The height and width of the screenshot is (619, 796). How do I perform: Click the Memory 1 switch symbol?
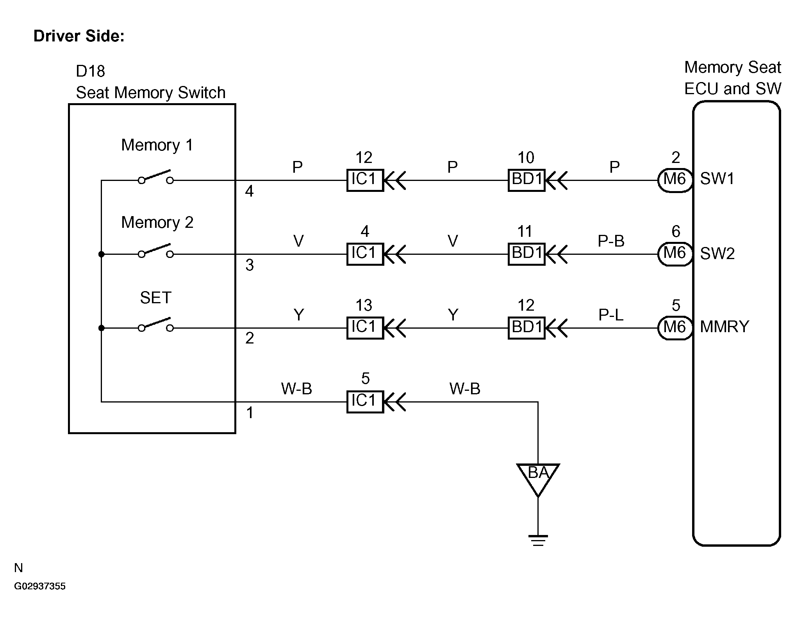(x=155, y=177)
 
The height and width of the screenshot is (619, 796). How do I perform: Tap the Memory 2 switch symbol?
(x=155, y=251)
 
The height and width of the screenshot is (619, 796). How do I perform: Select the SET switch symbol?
(x=155, y=325)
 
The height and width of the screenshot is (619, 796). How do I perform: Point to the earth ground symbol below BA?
(x=538, y=540)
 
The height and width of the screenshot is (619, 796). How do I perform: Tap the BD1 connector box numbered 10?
(x=526, y=180)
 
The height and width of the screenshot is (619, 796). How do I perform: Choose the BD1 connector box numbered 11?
(x=526, y=254)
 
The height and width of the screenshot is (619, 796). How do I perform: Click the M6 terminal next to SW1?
(x=675, y=180)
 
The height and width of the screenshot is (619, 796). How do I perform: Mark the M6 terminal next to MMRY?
(x=675, y=328)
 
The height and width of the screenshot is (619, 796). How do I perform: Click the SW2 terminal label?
(x=717, y=254)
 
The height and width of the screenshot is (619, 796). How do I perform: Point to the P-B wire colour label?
(x=611, y=241)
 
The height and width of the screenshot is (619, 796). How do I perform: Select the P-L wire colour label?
(x=611, y=315)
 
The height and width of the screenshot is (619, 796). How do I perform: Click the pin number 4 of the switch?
(x=249, y=191)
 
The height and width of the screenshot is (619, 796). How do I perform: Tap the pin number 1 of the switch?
(x=250, y=413)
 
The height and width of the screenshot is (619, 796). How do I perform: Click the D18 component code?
(x=90, y=72)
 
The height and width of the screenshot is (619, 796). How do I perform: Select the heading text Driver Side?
(x=79, y=36)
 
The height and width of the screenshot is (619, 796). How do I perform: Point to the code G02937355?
(x=40, y=586)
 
